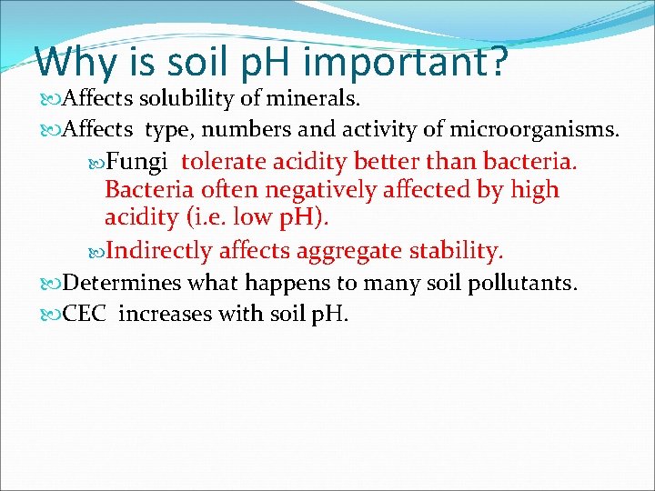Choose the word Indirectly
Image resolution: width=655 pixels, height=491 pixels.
click(160, 250)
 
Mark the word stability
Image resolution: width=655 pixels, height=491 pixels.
click(456, 250)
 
